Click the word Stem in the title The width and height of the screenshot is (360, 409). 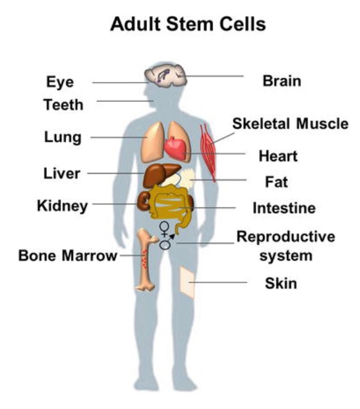pos(190,24)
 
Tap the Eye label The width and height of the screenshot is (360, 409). pos(60,82)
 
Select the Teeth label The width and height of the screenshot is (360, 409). pos(64,104)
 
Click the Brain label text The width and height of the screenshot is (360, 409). pos(282,81)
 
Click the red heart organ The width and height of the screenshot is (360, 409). pos(175,148)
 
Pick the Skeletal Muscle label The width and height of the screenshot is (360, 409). pos(290,124)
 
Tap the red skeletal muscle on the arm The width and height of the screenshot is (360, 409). pos(208,152)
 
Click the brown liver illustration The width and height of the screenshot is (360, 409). pos(159,174)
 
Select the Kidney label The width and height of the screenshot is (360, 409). pos(62,206)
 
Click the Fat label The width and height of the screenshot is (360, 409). pos(276,182)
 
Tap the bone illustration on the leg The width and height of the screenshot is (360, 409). pos(146,259)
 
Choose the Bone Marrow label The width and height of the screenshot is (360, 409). pos(68,255)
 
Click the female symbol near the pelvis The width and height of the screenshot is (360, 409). pos(164,229)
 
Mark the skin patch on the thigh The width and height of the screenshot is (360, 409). pos(188,282)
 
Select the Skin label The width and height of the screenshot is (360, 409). pos(281,284)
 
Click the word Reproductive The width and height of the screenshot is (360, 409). pos(286,237)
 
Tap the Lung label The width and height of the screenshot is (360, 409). pos(63,137)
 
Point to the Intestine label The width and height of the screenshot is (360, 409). pos(284,208)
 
